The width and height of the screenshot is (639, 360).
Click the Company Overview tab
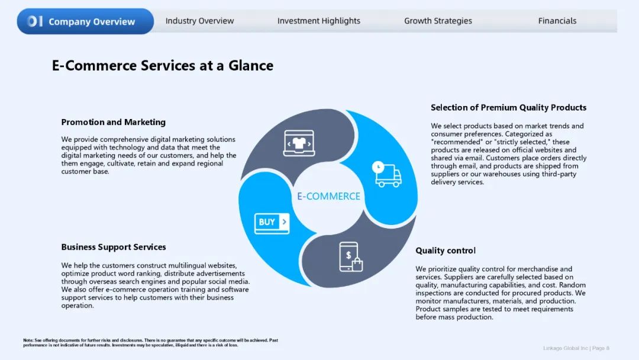(x=85, y=21)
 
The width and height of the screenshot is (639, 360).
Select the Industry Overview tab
(x=200, y=21)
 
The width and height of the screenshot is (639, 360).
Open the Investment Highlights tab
(x=319, y=21)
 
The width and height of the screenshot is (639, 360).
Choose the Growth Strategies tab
(x=438, y=21)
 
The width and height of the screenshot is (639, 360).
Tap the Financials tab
(x=557, y=21)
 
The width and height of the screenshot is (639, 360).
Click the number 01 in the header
(x=35, y=21)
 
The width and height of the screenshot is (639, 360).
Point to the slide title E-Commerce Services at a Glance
(x=163, y=65)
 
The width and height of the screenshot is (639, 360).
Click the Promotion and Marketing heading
(x=113, y=122)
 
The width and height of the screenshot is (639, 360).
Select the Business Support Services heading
(x=114, y=247)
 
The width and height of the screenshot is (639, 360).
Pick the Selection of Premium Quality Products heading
(x=509, y=107)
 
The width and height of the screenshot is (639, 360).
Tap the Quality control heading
(x=446, y=250)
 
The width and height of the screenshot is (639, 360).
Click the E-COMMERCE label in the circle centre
(x=328, y=196)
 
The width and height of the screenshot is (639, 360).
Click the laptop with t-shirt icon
(x=299, y=143)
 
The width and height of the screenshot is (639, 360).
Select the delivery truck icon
(x=387, y=174)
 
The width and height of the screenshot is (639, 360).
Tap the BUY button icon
(x=272, y=223)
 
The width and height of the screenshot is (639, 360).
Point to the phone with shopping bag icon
(x=351, y=257)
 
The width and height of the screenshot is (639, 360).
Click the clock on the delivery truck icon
(x=378, y=167)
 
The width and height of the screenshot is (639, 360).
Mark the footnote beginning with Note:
(x=150, y=342)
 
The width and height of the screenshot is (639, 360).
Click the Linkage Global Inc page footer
(x=576, y=348)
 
